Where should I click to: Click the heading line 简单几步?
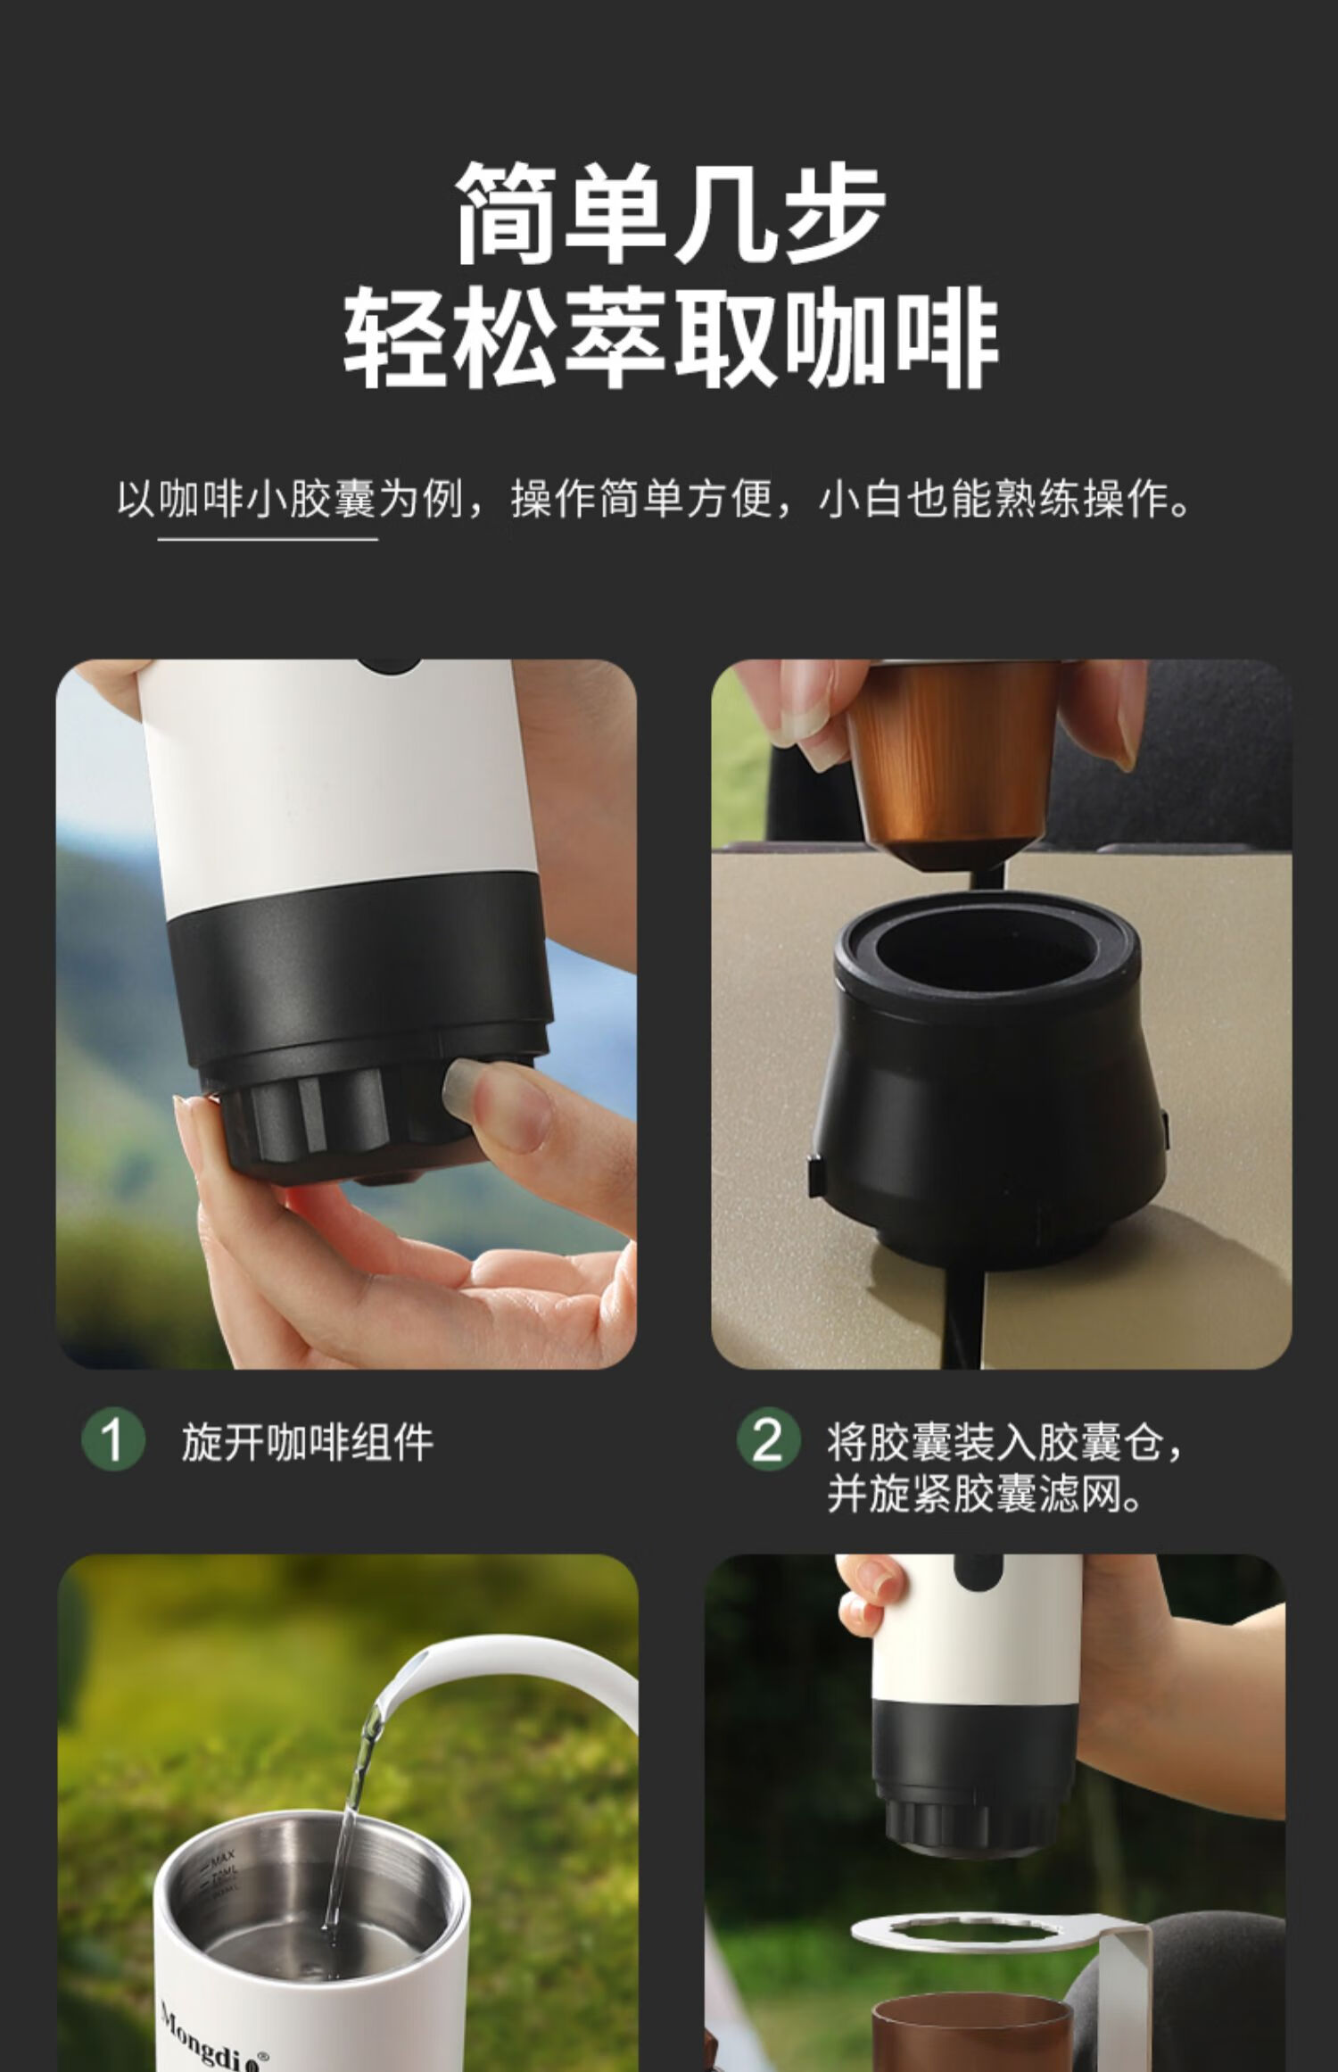(x=670, y=214)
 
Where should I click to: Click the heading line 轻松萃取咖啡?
(x=670, y=338)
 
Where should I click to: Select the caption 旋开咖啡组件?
(x=308, y=1442)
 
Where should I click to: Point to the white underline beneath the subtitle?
(x=268, y=539)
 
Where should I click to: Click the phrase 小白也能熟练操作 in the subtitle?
(x=1003, y=499)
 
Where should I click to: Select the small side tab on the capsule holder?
(x=815, y=1175)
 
